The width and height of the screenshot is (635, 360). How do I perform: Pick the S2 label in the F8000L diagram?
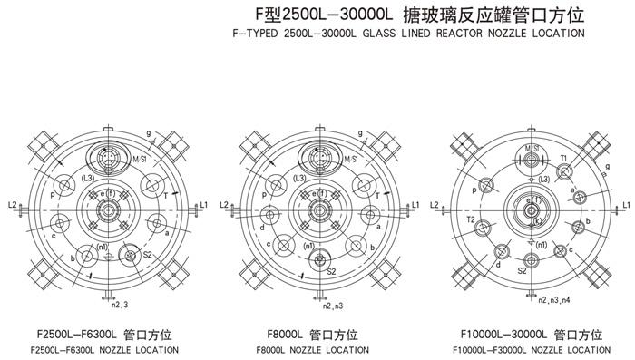(331, 270)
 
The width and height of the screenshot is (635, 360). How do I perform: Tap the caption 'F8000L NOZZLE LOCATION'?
(314, 349)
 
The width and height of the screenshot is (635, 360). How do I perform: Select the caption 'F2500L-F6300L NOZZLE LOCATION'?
(104, 349)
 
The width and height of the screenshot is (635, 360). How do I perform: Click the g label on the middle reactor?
(361, 134)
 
